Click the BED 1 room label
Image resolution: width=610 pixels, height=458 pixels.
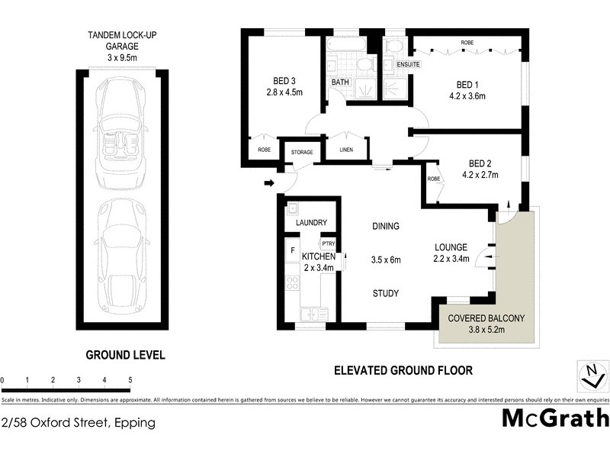468,83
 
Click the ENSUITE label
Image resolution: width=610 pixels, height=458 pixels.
409,66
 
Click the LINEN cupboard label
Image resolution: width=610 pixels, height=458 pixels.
346,150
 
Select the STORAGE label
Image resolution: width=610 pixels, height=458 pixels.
302,153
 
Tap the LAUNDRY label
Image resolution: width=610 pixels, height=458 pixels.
311,223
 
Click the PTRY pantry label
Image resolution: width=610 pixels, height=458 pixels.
328,244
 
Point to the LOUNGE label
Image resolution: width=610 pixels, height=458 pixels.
451,247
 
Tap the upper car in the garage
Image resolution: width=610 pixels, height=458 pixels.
119,130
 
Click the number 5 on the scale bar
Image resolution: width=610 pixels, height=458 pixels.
130,379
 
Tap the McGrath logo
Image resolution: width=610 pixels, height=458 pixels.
555,418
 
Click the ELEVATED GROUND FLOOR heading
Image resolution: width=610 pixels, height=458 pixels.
403,370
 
